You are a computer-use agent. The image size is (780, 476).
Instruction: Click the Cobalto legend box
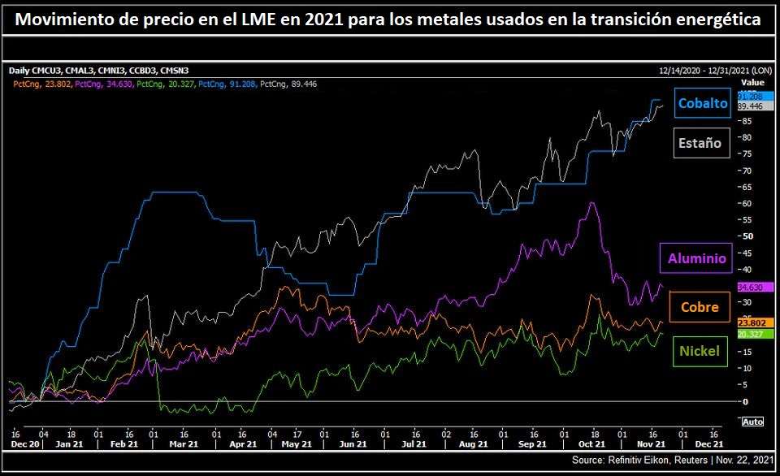[x=703, y=104]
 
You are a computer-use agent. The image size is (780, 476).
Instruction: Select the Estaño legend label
[x=700, y=143]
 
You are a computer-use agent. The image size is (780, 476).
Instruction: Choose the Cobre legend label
[x=699, y=307]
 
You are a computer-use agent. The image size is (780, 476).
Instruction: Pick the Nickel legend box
[x=699, y=352]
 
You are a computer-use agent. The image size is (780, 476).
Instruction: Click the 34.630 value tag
[x=752, y=288]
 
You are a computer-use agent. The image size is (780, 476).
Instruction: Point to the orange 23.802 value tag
[x=752, y=322]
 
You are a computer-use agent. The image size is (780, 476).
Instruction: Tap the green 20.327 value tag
[x=752, y=334]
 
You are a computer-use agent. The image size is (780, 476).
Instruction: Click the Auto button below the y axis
[x=752, y=422]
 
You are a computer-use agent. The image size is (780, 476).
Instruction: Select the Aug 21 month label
[x=473, y=444]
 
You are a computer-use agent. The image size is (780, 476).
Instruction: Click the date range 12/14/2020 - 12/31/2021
[x=705, y=71]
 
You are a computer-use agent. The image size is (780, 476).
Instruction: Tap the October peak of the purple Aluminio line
[x=592, y=202]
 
